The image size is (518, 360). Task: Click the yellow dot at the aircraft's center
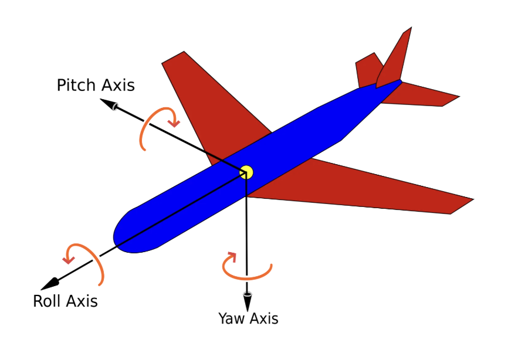point(246,172)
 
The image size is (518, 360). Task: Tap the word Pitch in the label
point(76,86)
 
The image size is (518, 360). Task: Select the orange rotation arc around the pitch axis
point(144,132)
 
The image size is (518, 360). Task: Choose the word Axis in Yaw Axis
point(263,318)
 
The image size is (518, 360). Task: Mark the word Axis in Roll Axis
point(82,301)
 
